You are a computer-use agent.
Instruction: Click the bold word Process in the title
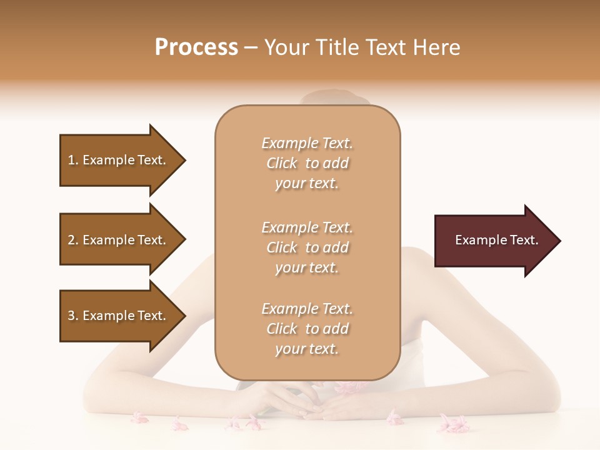[x=196, y=47]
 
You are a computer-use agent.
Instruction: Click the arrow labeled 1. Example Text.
[x=119, y=160]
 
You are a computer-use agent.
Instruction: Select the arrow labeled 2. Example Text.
[x=119, y=240]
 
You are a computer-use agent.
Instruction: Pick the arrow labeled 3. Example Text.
[x=119, y=316]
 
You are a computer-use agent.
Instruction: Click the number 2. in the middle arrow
[x=73, y=240]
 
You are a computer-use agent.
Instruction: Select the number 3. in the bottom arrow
[x=73, y=316]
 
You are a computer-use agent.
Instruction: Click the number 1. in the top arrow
[x=73, y=160]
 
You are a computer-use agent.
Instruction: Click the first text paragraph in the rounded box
[x=307, y=163]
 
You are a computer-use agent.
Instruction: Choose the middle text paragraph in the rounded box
[x=307, y=247]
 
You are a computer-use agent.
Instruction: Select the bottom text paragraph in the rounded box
[x=307, y=329]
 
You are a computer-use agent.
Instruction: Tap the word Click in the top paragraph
[x=282, y=163]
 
